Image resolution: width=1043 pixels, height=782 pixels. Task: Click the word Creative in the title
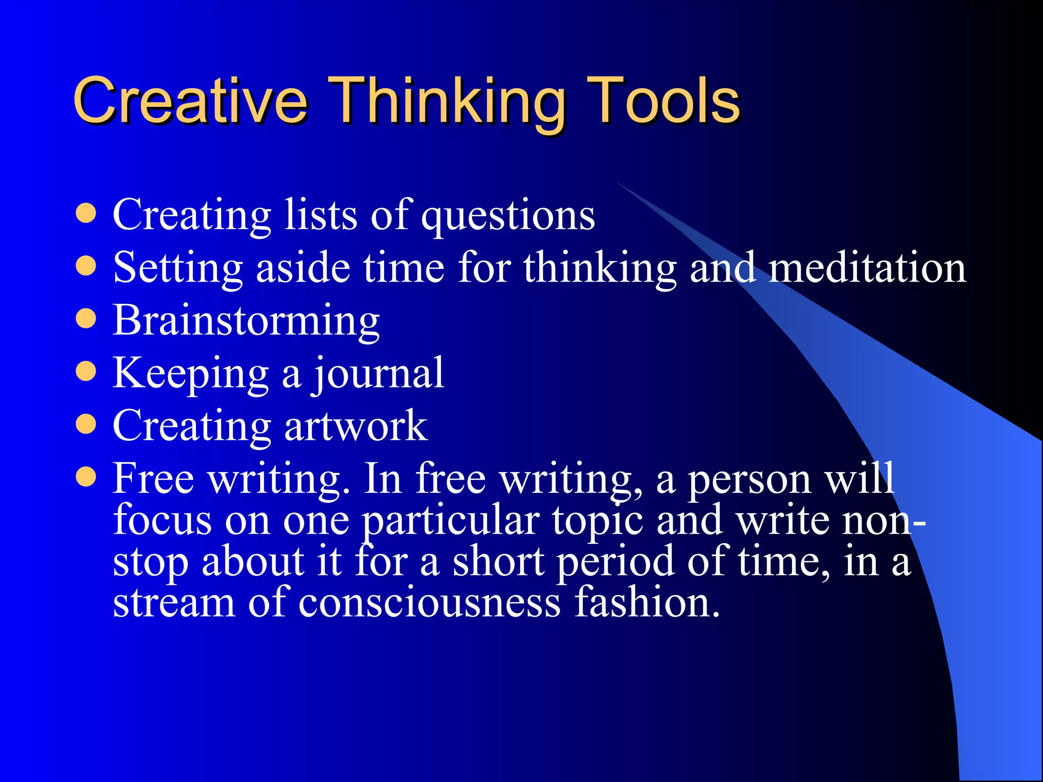pyautogui.click(x=190, y=100)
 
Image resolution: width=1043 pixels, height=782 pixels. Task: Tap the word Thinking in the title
pyautogui.click(x=448, y=102)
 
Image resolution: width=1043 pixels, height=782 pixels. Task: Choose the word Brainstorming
pyautogui.click(x=246, y=321)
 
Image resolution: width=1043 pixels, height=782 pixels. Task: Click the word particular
pyautogui.click(x=451, y=521)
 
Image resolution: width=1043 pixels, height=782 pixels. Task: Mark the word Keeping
pyautogui.click(x=190, y=374)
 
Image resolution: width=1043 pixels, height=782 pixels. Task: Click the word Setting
pyautogui.click(x=178, y=268)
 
